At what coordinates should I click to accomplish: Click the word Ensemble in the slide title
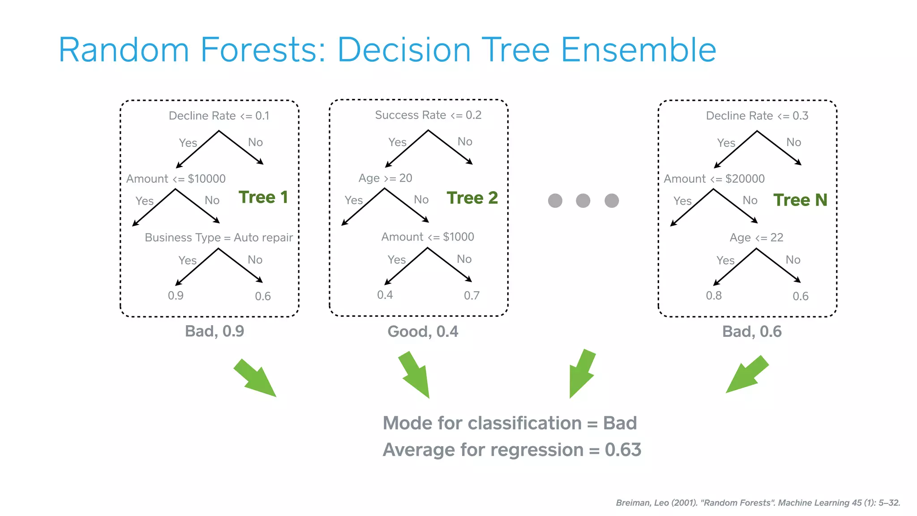point(638,50)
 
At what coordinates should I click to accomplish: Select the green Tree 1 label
point(263,198)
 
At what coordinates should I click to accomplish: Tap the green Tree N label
point(800,200)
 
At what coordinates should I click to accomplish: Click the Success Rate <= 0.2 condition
point(428,115)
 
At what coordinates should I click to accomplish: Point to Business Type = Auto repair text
point(219,237)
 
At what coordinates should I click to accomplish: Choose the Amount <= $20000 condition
point(714,179)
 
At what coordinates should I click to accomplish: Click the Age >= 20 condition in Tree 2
point(385,178)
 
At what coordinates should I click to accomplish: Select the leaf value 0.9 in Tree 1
point(176,296)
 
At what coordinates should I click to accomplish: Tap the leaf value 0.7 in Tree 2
point(471,296)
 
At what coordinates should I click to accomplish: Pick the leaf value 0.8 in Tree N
point(714,296)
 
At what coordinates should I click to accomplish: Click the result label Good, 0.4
point(423,331)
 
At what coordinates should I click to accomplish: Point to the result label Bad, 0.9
point(214,331)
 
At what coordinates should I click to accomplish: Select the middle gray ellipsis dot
point(583,201)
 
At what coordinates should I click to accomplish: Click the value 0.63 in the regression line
point(623,450)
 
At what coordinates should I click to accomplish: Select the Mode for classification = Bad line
point(510,423)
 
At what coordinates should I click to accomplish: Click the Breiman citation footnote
point(758,503)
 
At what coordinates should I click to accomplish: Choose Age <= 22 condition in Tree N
point(756,237)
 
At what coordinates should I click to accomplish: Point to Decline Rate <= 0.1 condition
point(219,116)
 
